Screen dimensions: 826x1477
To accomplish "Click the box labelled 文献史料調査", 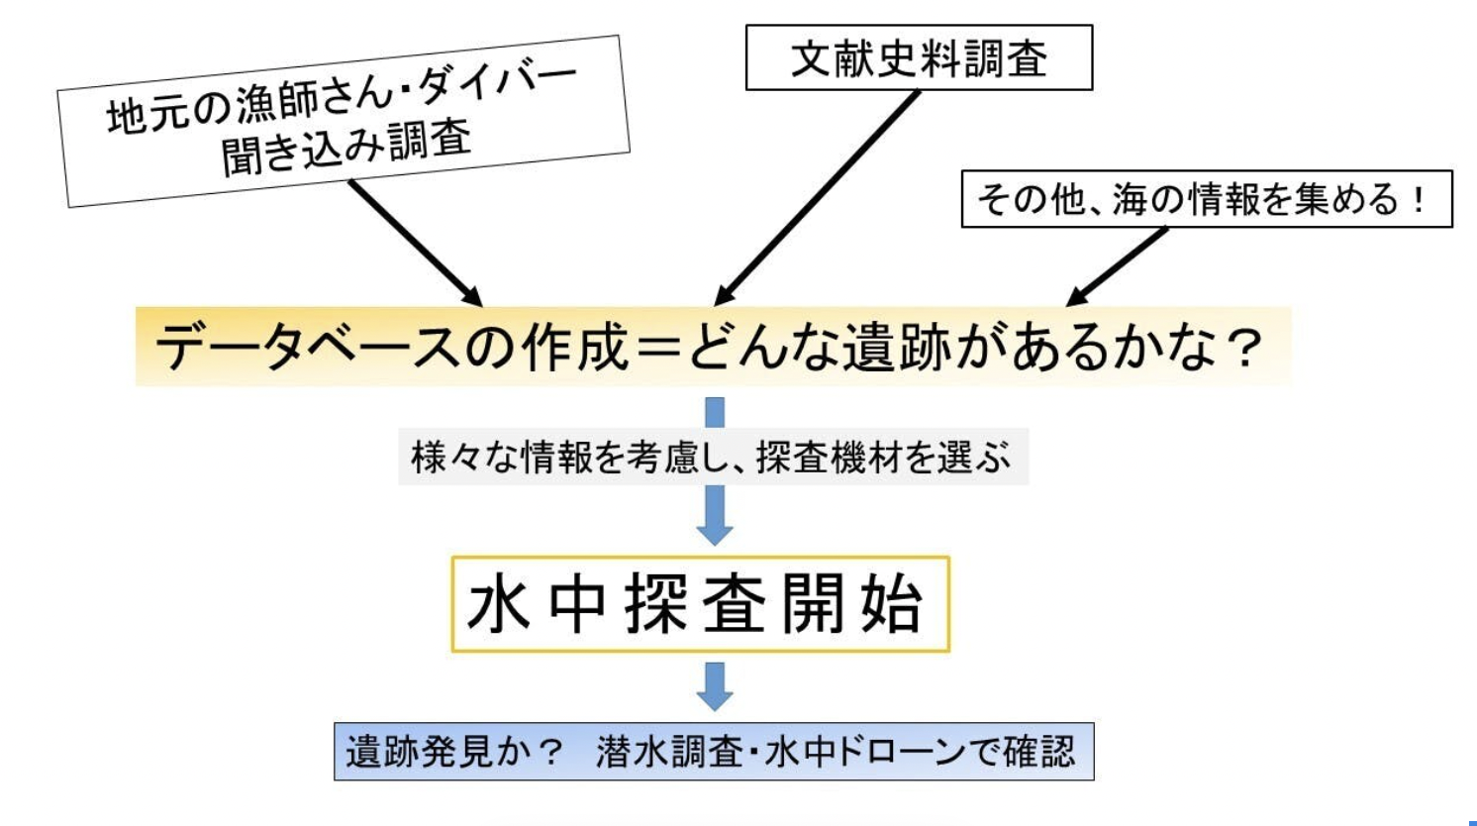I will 919,58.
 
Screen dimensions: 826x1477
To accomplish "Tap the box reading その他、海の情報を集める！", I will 1206,199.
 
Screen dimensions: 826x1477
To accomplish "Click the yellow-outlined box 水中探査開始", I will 700,604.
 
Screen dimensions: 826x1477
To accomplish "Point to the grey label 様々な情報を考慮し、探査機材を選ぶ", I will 712,457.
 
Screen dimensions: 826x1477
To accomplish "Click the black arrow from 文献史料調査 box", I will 816,197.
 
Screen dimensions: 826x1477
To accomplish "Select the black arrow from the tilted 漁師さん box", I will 415,243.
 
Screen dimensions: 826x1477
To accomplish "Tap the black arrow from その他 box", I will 1118,266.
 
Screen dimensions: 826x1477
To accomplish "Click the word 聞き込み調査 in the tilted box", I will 346,150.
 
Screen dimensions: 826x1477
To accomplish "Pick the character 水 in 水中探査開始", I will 498,604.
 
